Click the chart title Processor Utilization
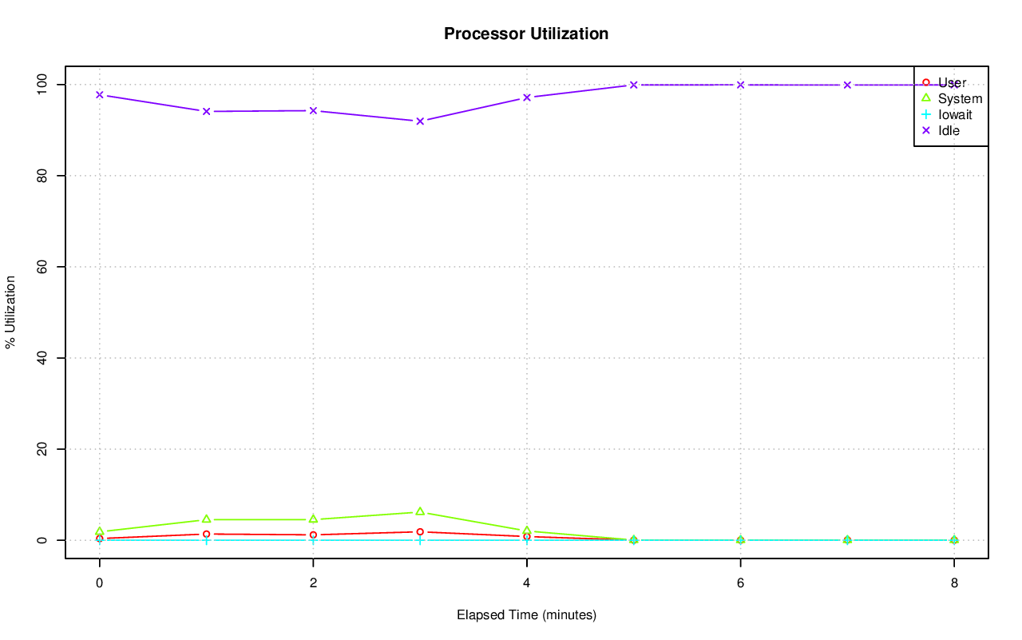[x=526, y=34]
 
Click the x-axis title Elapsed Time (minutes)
[x=526, y=615]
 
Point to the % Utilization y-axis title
[x=10, y=312]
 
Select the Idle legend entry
[x=949, y=130]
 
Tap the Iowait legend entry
[x=955, y=114]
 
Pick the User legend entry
[x=952, y=83]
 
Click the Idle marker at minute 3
[x=420, y=121]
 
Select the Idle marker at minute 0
[x=100, y=94]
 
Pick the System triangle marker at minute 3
[x=420, y=511]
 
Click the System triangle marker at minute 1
[x=206, y=519]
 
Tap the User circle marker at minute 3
[x=420, y=531]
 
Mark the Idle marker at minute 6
[x=740, y=85]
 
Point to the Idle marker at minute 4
[x=527, y=97]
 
